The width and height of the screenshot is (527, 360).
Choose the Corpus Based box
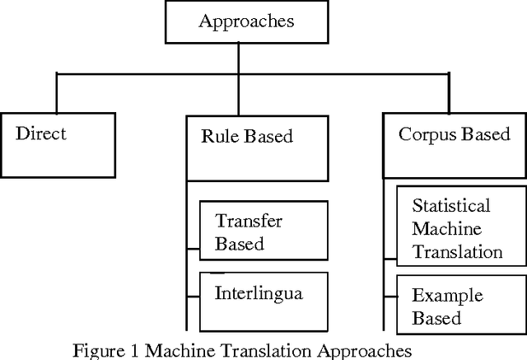point(455,145)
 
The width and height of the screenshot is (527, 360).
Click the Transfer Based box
point(264,231)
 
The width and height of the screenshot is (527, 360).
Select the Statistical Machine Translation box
point(461,228)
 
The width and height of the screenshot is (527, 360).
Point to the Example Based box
point(461,306)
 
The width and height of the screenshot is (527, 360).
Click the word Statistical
point(451,205)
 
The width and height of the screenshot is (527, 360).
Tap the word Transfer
point(249,220)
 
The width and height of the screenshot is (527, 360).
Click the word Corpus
point(426,133)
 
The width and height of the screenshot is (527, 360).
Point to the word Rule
point(220,135)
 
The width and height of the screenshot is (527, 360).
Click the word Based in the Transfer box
point(240,244)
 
